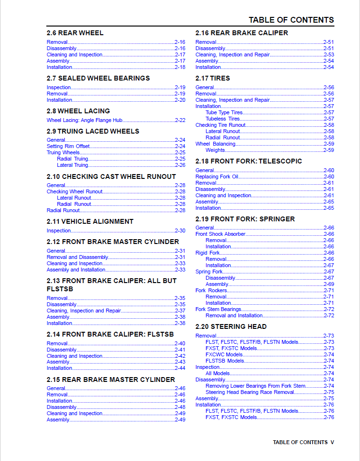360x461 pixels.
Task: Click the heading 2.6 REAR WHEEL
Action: click(x=75, y=33)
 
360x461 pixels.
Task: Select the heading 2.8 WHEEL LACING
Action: click(x=78, y=111)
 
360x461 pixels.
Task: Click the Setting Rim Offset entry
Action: click(x=68, y=146)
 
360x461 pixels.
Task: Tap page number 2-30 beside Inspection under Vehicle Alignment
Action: click(x=180, y=230)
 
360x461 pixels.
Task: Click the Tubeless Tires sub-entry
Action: click(x=222, y=119)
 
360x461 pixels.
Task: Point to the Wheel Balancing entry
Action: click(x=215, y=144)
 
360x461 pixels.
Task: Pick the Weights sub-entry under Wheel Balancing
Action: click(x=215, y=150)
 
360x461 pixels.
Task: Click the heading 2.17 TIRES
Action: click(x=212, y=78)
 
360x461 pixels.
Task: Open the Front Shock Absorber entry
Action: click(x=221, y=234)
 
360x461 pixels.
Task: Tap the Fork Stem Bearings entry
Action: click(x=218, y=309)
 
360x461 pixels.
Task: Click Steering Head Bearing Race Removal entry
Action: click(x=250, y=392)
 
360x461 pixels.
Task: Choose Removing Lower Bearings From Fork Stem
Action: click(x=255, y=386)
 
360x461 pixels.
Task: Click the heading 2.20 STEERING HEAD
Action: click(x=231, y=326)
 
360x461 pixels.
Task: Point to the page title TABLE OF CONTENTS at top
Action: click(x=291, y=20)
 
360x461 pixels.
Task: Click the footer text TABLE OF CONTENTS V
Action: click(x=303, y=442)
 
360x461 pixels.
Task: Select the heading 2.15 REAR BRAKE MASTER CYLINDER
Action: click(x=111, y=380)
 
